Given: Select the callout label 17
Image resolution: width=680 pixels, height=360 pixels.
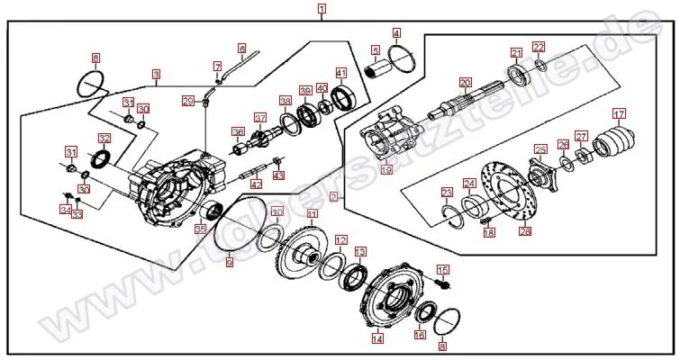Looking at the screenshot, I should point(619,113).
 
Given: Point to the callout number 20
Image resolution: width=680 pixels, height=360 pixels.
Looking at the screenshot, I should point(465,81).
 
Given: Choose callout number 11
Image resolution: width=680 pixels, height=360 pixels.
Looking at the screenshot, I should point(313,214).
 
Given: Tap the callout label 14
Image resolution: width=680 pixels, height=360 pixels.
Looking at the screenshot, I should point(377,339).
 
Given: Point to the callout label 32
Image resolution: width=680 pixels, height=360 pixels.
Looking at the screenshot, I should point(104,139).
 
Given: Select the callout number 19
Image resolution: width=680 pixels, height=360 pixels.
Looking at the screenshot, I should point(385,168).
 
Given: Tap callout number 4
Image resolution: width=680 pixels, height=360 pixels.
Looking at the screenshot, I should point(396,33).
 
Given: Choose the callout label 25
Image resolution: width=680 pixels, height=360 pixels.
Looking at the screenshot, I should point(539,149).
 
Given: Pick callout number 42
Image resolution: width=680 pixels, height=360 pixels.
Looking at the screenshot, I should point(257,184).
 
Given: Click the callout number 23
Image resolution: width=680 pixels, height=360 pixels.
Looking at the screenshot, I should point(447,192).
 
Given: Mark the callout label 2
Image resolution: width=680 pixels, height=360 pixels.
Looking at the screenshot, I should point(333,195).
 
